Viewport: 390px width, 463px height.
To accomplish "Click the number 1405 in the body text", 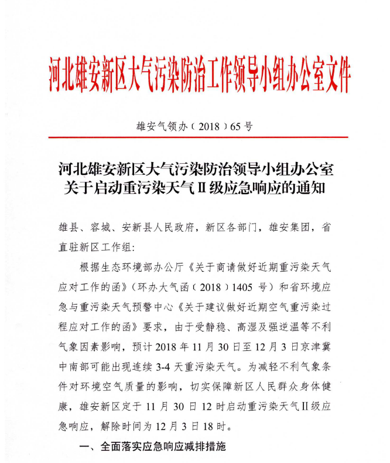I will click(x=243, y=288).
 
